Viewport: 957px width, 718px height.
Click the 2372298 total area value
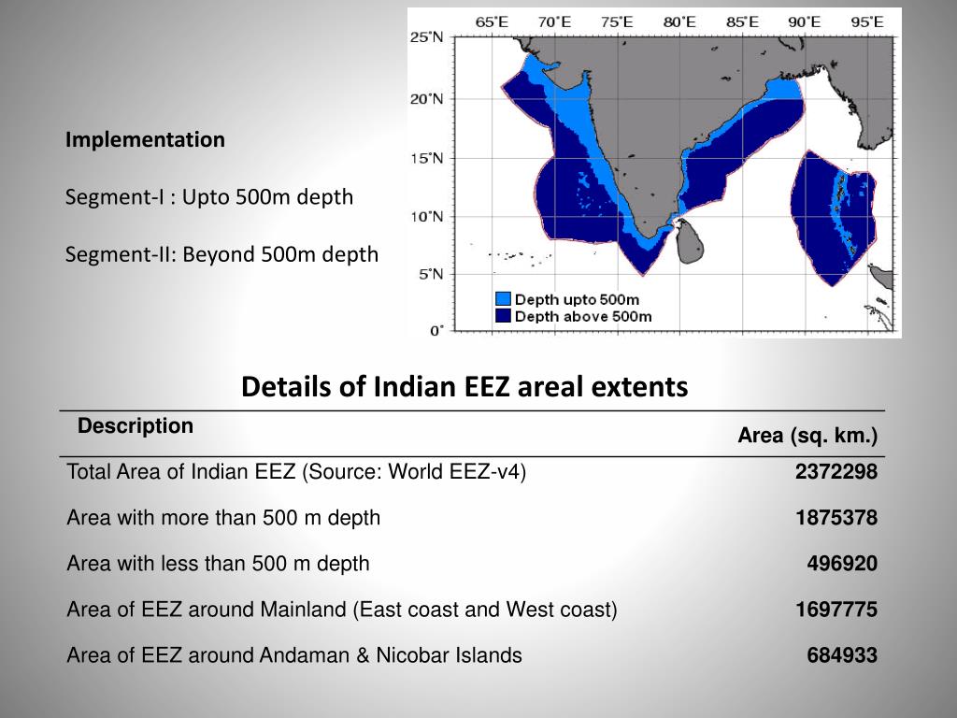point(836,472)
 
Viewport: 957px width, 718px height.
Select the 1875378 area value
point(836,518)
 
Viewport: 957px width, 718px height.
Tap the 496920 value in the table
point(841,564)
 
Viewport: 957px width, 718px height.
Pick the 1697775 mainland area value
point(836,610)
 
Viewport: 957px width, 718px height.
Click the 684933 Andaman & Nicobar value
point(841,655)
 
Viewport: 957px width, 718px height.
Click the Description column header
point(136,426)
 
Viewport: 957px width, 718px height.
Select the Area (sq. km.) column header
point(807,436)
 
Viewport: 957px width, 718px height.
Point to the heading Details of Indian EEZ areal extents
point(464,386)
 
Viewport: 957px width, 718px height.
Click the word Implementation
point(145,140)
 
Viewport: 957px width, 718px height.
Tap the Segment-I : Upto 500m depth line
point(209,197)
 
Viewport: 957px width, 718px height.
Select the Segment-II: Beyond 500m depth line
point(221,254)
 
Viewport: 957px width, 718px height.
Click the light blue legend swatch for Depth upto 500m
point(503,299)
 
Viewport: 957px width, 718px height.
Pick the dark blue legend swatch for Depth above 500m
point(503,316)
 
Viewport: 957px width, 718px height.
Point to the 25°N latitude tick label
point(427,38)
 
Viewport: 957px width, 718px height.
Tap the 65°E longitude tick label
point(493,22)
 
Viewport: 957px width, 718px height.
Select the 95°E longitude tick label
point(866,22)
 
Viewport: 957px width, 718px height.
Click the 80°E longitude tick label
point(679,22)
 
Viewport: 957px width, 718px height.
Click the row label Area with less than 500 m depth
point(218,564)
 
